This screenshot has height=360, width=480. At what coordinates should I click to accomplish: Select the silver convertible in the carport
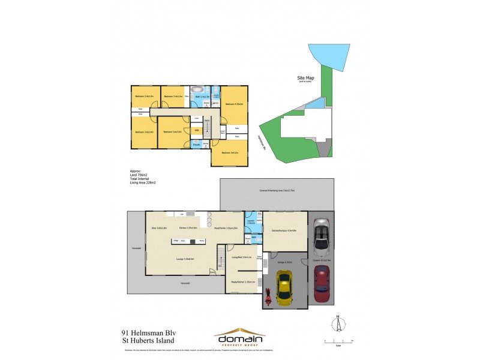[x=322, y=237]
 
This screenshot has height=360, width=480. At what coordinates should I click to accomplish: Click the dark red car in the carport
[x=323, y=283]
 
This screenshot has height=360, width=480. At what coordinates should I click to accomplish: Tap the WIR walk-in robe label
[x=197, y=130]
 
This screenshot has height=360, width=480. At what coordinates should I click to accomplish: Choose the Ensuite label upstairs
[x=196, y=144]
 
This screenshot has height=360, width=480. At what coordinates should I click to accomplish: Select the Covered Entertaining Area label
[x=277, y=190]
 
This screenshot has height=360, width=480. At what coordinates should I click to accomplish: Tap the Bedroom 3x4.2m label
[x=229, y=152]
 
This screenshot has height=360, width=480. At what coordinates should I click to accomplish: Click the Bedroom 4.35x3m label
[x=233, y=104]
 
